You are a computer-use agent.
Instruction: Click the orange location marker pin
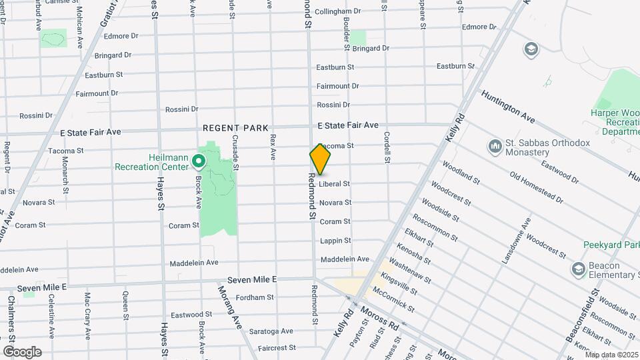pyautogui.click(x=320, y=159)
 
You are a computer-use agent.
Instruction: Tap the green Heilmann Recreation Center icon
pyautogui.click(x=198, y=161)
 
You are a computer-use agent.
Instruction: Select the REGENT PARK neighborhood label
pyautogui.click(x=235, y=127)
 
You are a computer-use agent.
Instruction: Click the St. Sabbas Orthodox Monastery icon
pyautogui.click(x=495, y=145)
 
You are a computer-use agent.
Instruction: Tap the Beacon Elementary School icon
pyautogui.click(x=578, y=269)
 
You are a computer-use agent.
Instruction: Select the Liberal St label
pyautogui.click(x=334, y=183)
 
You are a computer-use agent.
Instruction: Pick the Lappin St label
pyautogui.click(x=335, y=240)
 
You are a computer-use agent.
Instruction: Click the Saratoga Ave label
pyautogui.click(x=271, y=331)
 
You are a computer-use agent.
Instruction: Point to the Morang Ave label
pyautogui.click(x=229, y=307)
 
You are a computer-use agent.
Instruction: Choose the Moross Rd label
pyautogui.click(x=379, y=319)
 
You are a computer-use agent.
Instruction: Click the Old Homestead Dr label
pyautogui.click(x=536, y=187)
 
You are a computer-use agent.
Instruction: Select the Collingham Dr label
pyautogui.click(x=337, y=11)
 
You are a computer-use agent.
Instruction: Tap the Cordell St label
pyautogui.click(x=387, y=146)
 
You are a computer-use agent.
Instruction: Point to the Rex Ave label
pyautogui.click(x=273, y=147)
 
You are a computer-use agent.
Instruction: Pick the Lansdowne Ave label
pyautogui.click(x=517, y=239)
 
